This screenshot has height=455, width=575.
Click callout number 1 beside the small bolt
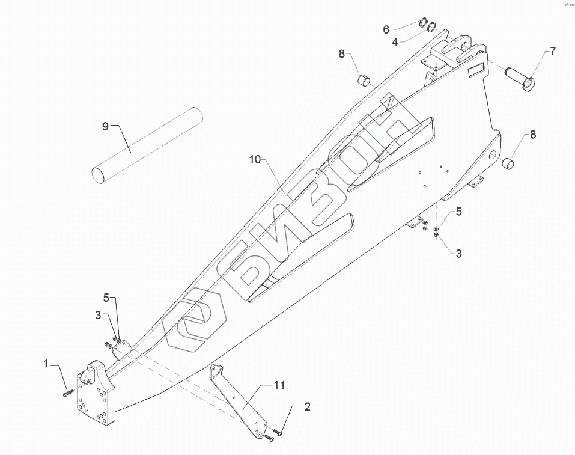point(44,364)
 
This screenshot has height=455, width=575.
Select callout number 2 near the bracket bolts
point(307,407)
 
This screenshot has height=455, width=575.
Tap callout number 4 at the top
point(395,42)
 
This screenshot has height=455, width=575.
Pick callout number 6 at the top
point(386,28)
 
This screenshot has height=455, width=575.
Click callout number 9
point(105,126)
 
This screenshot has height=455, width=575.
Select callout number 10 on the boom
point(255,159)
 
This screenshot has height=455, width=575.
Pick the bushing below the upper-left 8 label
point(365,80)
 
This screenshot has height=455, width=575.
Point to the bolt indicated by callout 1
point(67,393)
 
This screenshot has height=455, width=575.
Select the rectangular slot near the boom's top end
point(479,69)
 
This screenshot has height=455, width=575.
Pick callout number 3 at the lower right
point(458,254)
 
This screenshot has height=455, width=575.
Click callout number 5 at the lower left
point(106,298)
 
